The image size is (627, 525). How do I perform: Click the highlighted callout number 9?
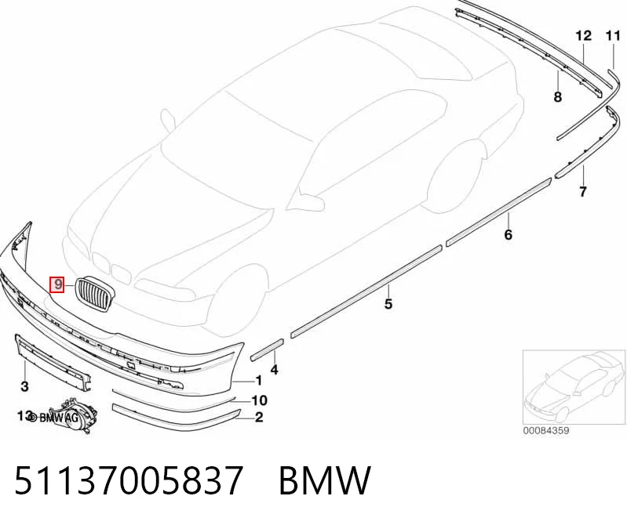tap(57, 284)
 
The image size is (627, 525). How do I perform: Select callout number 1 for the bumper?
tap(259, 381)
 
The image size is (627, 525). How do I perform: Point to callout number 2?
tap(259, 418)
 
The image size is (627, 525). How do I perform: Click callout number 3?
tap(25, 386)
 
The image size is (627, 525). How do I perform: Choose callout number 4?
tap(274, 370)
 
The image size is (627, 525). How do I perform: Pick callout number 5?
tap(388, 304)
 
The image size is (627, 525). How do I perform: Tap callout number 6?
tap(508, 234)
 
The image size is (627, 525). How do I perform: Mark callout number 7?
tap(583, 192)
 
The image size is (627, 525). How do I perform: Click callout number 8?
tap(557, 96)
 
